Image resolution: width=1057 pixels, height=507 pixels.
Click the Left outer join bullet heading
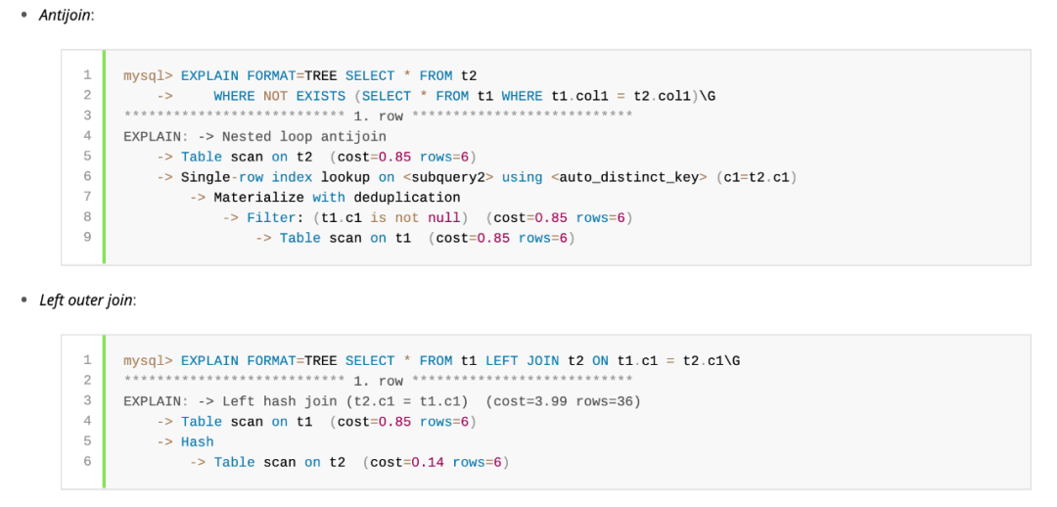point(88,300)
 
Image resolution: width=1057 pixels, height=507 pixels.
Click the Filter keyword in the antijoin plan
point(271,218)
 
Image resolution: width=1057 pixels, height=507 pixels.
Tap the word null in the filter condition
point(443,218)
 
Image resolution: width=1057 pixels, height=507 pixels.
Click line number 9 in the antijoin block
point(87,237)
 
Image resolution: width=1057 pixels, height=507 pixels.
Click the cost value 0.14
point(428,463)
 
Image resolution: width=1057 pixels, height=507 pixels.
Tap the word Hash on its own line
point(198,442)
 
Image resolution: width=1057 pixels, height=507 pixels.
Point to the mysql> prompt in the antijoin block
point(149,76)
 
